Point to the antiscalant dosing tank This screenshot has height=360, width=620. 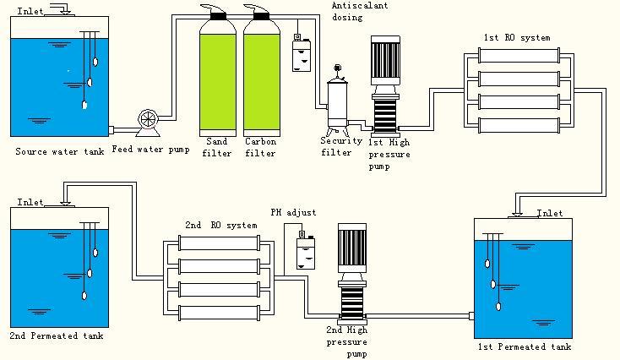(x=301, y=56)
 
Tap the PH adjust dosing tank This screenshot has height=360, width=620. (x=304, y=252)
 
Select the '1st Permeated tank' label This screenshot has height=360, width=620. (x=525, y=346)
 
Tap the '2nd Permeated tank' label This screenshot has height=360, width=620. (x=57, y=336)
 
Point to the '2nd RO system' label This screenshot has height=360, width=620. (x=220, y=226)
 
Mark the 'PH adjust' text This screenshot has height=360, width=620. (x=293, y=213)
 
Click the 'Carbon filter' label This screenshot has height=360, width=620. (x=260, y=147)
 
